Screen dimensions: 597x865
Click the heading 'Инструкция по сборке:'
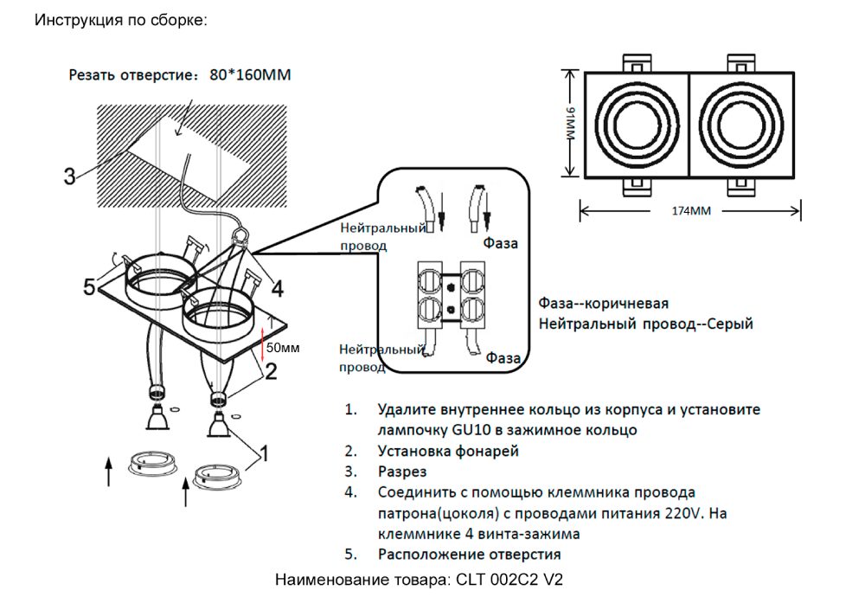tap(121, 19)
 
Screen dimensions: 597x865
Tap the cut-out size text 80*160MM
tap(250, 75)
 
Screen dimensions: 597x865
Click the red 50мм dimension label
tap(282, 348)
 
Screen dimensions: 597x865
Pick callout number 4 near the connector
tap(276, 287)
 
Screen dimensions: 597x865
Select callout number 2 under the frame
tap(270, 372)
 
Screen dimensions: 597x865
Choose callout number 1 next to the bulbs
tap(265, 453)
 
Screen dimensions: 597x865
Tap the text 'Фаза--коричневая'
tap(604, 305)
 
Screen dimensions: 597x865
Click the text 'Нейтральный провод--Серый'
tap(645, 324)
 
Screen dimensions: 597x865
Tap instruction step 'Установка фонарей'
tap(449, 451)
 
